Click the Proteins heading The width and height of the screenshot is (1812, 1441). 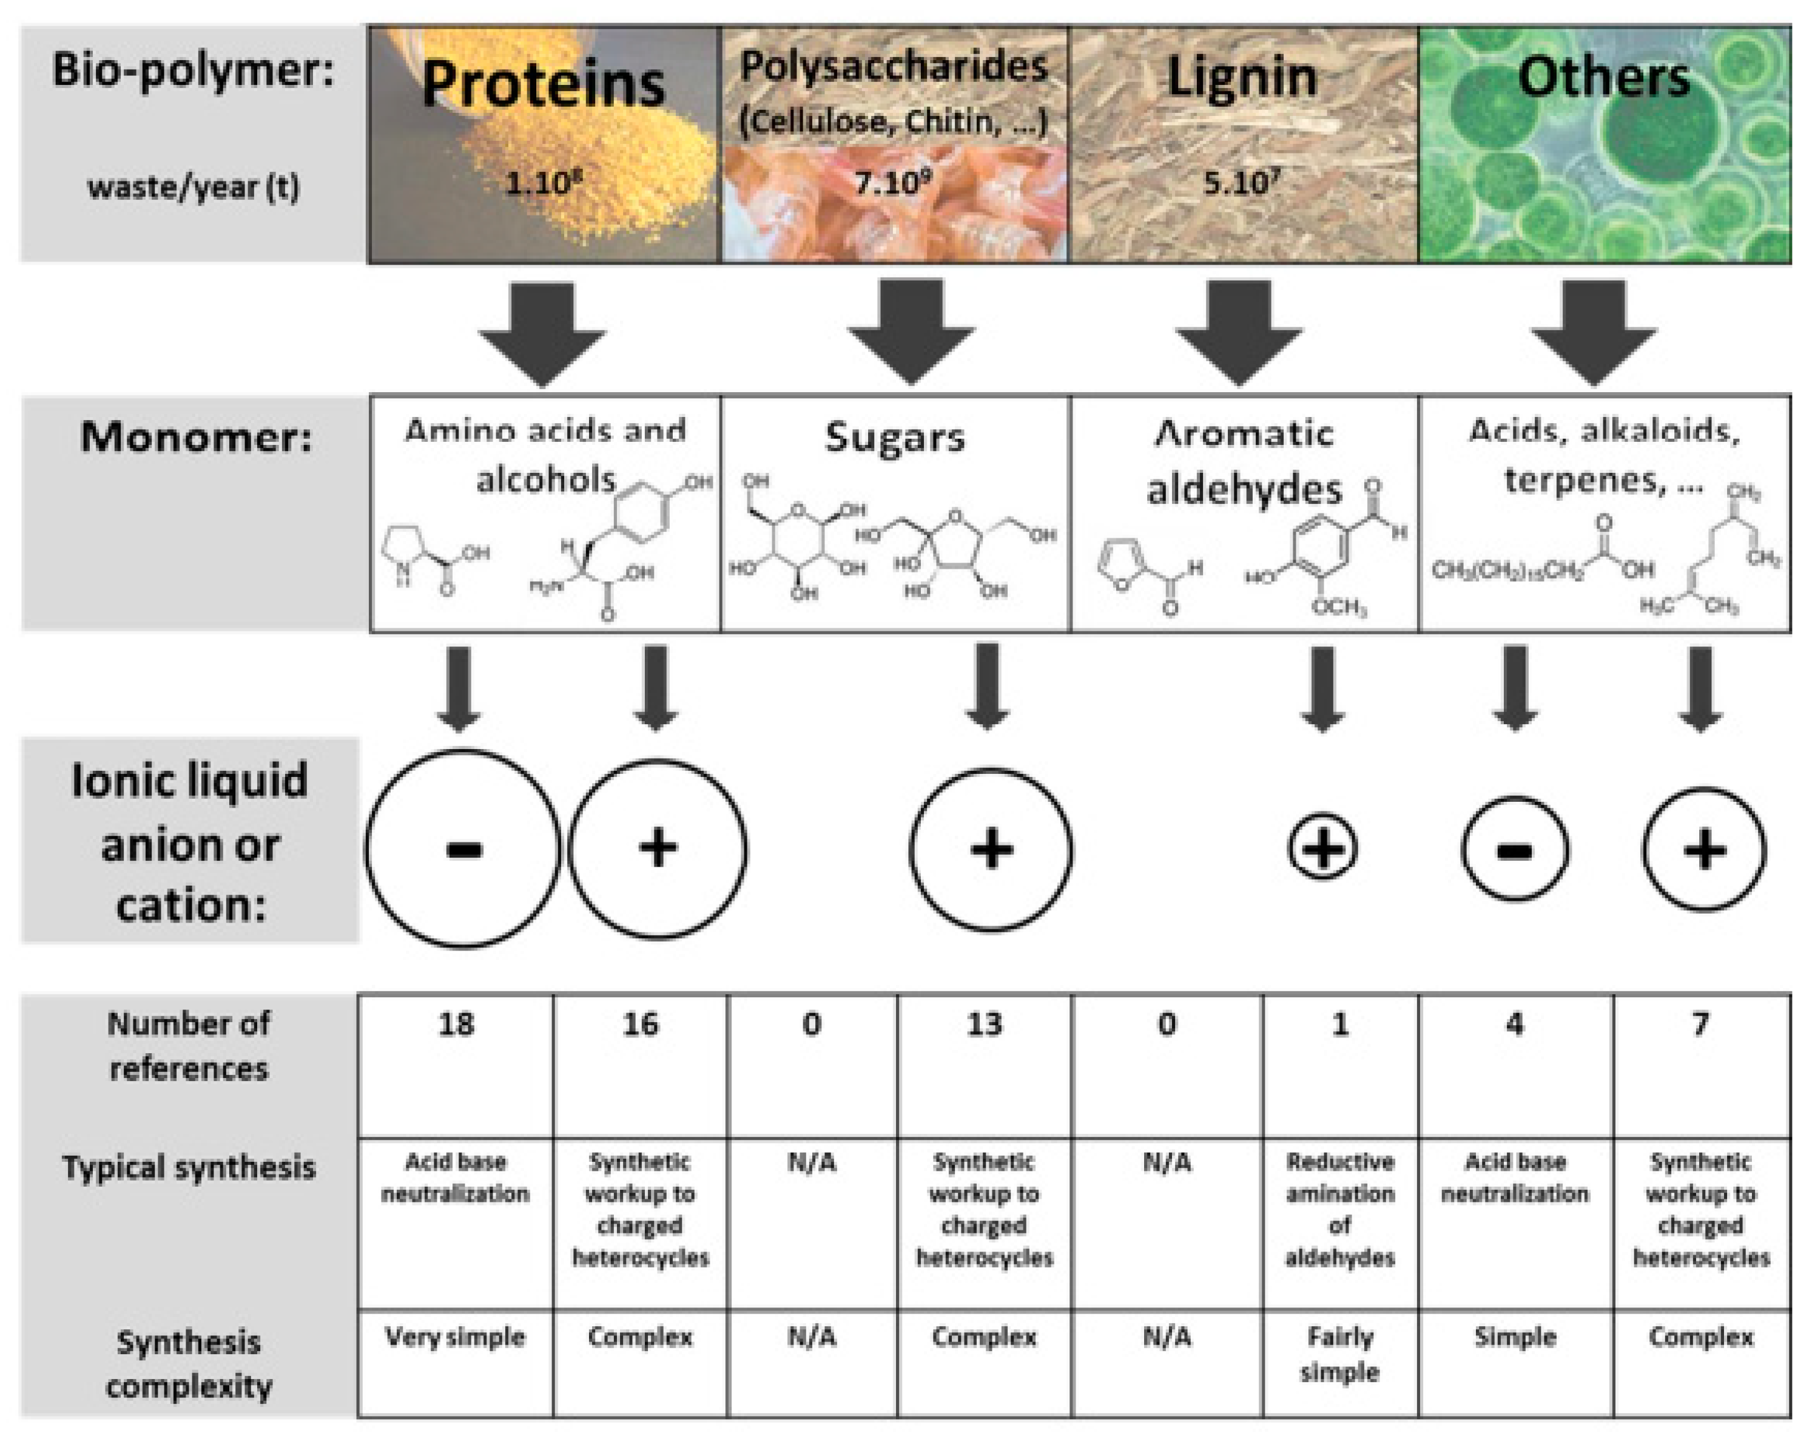pyautogui.click(x=543, y=84)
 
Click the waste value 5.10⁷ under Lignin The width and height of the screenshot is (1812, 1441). pyautogui.click(x=1241, y=181)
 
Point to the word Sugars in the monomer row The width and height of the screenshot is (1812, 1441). pyautogui.click(x=894, y=438)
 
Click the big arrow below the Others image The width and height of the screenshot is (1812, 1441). pyautogui.click(x=1594, y=332)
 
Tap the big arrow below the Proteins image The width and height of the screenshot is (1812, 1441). pyautogui.click(x=542, y=332)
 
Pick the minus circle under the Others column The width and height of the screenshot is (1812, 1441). pyautogui.click(x=1515, y=849)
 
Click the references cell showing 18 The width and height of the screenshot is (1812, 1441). pyautogui.click(x=456, y=1024)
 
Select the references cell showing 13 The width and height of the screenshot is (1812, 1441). pyautogui.click(x=983, y=1024)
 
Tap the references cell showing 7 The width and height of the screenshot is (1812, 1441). pyautogui.click(x=1700, y=1024)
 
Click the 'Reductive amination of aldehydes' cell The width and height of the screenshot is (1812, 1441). pyautogui.click(x=1339, y=1209)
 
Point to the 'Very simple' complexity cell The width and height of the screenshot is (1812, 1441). pyautogui.click(x=456, y=1337)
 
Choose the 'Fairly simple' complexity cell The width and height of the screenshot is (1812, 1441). pyautogui.click(x=1339, y=1354)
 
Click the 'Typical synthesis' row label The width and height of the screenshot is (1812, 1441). pyautogui.click(x=189, y=1167)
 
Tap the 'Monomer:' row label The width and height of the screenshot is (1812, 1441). pyautogui.click(x=196, y=437)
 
